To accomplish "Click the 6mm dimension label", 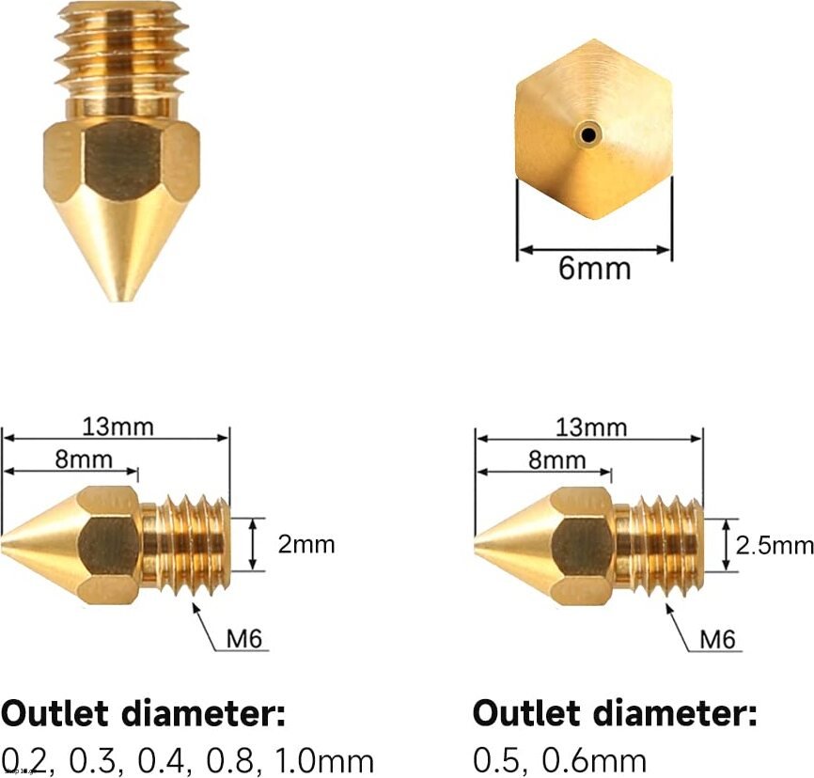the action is click(x=594, y=269).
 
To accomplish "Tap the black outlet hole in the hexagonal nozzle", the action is click(x=588, y=135).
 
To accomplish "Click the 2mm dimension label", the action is click(x=306, y=544).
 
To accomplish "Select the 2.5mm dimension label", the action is click(x=774, y=546).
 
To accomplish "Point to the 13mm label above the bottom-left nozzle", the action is click(x=118, y=428).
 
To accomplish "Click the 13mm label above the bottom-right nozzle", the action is click(x=591, y=428).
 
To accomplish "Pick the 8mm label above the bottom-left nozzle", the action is click(x=84, y=459).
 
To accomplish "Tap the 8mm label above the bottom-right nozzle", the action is click(x=557, y=460).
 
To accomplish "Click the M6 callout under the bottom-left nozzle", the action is click(x=244, y=638).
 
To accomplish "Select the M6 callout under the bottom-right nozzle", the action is click(x=717, y=640).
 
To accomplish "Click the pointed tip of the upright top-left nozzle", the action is click(x=121, y=299).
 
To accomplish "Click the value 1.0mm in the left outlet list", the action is click(x=323, y=761).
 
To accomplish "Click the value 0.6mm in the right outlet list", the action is click(x=594, y=761).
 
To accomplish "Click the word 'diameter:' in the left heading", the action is click(x=203, y=713).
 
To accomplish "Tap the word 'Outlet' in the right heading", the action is click(x=527, y=713).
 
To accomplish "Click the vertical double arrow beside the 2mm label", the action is click(x=252, y=544).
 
